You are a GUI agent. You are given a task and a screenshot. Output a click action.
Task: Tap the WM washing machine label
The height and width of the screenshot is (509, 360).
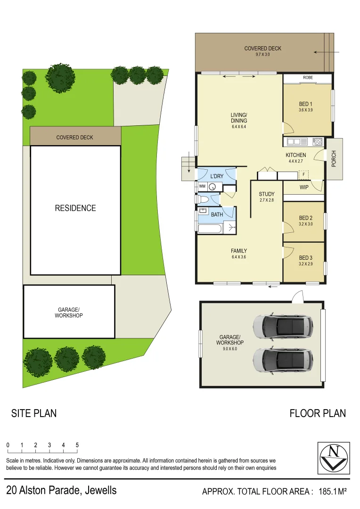pyautogui.click(x=202, y=186)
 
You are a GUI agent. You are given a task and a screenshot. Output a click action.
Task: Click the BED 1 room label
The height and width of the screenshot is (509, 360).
pyautogui.click(x=306, y=104)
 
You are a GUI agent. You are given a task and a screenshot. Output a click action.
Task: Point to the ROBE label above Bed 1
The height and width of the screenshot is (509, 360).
pyautogui.click(x=308, y=78)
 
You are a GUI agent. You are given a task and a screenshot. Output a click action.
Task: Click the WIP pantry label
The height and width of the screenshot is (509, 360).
pyautogui.click(x=304, y=187)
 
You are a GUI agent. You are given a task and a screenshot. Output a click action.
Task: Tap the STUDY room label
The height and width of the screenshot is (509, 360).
pyautogui.click(x=266, y=194)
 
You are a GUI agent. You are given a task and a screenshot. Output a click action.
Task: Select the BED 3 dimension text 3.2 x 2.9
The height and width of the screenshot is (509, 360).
pyautogui.click(x=305, y=264)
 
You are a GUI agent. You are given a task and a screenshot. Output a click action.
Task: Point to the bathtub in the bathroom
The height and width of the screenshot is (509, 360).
pyautogui.click(x=210, y=229)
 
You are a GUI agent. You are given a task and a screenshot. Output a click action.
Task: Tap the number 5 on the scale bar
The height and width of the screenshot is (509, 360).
pyautogui.click(x=77, y=445)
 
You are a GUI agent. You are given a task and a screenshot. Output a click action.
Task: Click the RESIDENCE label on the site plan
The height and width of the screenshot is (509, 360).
pyautogui.click(x=75, y=208)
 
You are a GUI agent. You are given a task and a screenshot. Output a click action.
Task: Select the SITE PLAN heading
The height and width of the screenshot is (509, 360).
pyautogui.click(x=34, y=413)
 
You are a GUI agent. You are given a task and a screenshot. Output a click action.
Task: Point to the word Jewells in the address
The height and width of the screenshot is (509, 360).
pyautogui.click(x=100, y=490)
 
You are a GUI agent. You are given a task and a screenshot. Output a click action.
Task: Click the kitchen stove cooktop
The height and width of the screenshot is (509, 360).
pyautogui.click(x=318, y=141)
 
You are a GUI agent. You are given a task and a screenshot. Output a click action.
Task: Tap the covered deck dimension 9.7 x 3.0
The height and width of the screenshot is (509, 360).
pyautogui.click(x=263, y=55)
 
